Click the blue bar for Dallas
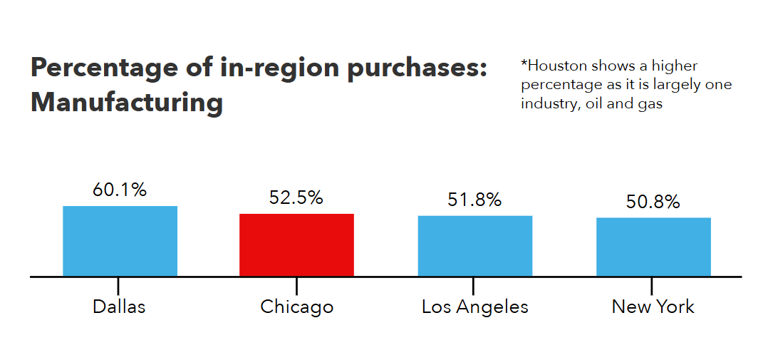click(120, 240)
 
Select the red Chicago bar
click(296, 245)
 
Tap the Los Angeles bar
click(474, 245)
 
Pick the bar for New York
click(653, 247)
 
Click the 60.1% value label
click(120, 190)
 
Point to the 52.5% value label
click(296, 198)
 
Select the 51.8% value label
click(474, 200)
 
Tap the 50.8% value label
click(653, 202)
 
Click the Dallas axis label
click(119, 307)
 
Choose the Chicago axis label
click(296, 307)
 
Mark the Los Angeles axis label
click(474, 307)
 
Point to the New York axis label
click(653, 307)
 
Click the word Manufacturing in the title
click(127, 103)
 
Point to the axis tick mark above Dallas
click(119, 284)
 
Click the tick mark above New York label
click(652, 284)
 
